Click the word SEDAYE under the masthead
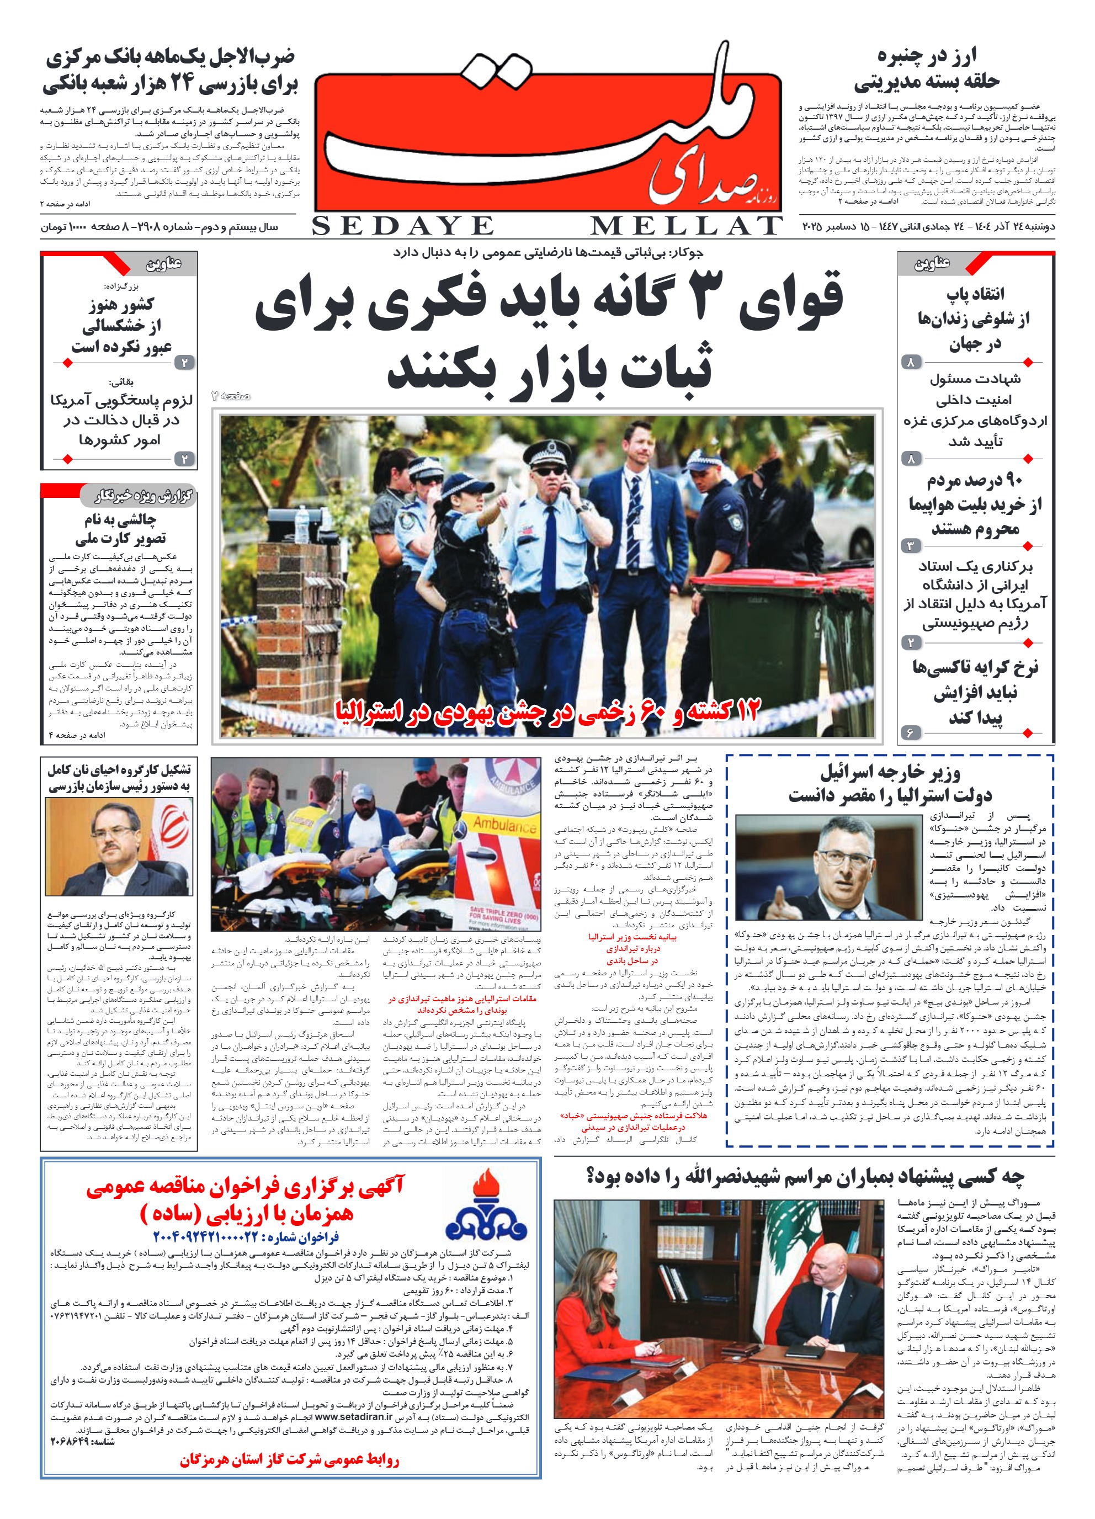tap(402, 226)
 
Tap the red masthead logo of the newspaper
tap(548, 141)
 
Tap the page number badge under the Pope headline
tap(910, 362)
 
